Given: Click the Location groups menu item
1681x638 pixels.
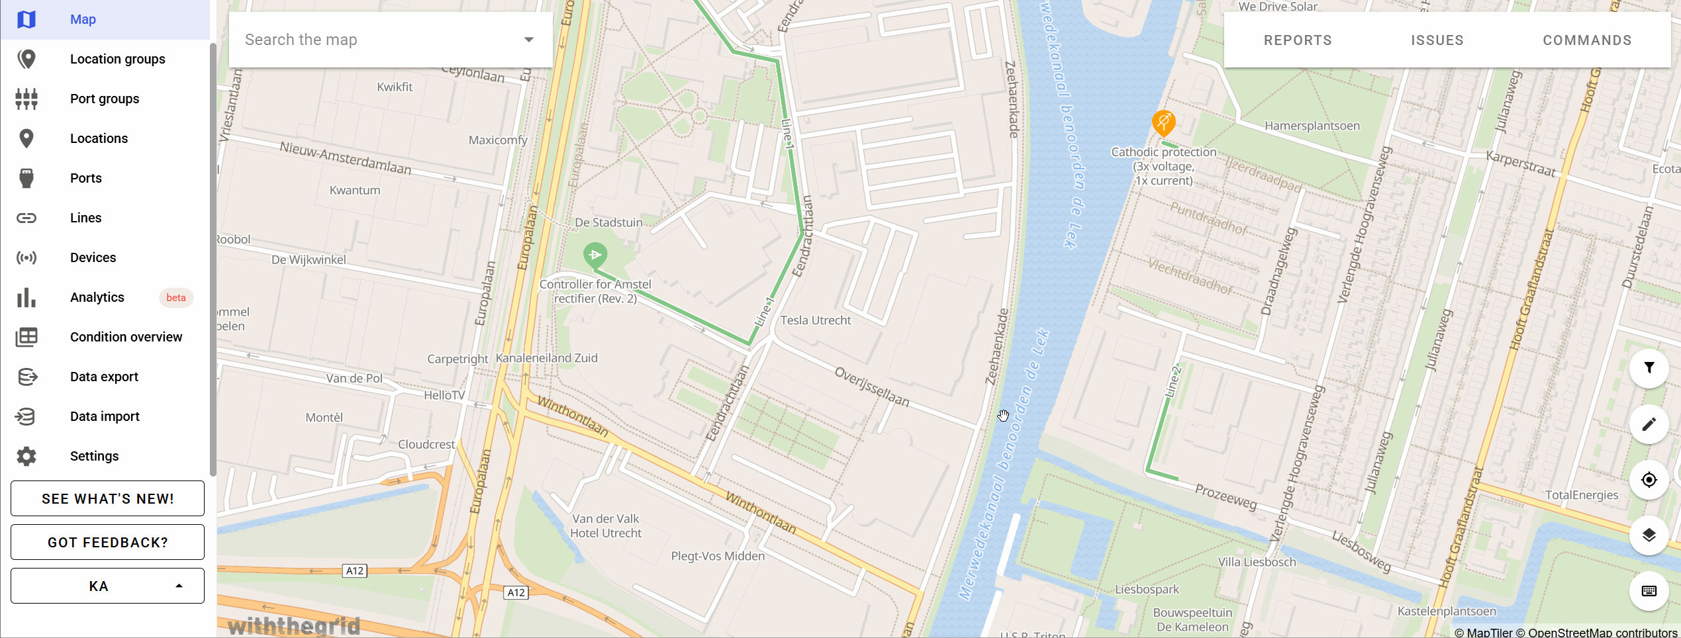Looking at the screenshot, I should [117, 59].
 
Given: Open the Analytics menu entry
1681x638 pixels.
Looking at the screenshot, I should [97, 297].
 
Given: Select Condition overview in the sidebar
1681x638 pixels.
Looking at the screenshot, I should [126, 337].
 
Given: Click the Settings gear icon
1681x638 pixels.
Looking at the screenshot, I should [26, 456].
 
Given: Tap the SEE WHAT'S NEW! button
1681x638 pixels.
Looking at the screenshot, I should [107, 498].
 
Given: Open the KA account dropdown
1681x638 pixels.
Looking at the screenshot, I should [107, 586].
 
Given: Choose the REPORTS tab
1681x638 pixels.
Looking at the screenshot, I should [1298, 40].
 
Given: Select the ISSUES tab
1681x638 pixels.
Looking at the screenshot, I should [1437, 40].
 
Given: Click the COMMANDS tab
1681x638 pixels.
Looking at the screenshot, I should [1587, 40].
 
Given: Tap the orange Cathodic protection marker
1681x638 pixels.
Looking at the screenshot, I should [1163, 122].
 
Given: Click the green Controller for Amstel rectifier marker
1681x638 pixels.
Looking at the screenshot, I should [595, 255].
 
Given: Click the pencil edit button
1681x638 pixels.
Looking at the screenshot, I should [1649, 424].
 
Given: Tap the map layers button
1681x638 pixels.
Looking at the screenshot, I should [1649, 535].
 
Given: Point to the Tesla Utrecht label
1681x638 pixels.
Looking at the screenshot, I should [815, 320].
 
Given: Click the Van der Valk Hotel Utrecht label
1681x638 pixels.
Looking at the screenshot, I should [606, 526].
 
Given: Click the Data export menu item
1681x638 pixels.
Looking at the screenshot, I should [104, 377].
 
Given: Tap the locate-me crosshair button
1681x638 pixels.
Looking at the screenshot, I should [1649, 480].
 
